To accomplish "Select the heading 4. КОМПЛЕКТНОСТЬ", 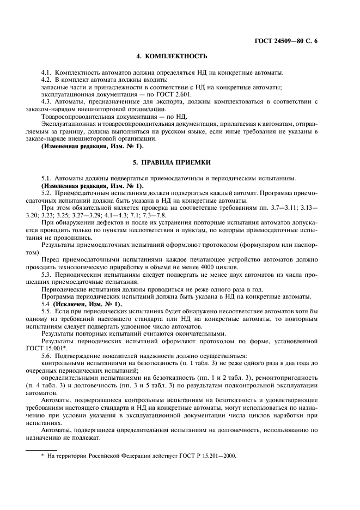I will [x=172, y=57].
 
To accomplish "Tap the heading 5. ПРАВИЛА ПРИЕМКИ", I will [x=172, y=163].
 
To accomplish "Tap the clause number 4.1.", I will [x=47, y=72].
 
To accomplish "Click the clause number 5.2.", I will [x=47, y=193].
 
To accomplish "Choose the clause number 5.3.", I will [x=47, y=275].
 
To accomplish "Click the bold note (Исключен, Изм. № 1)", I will [x=87, y=303].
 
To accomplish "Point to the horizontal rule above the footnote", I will [x=42, y=450].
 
